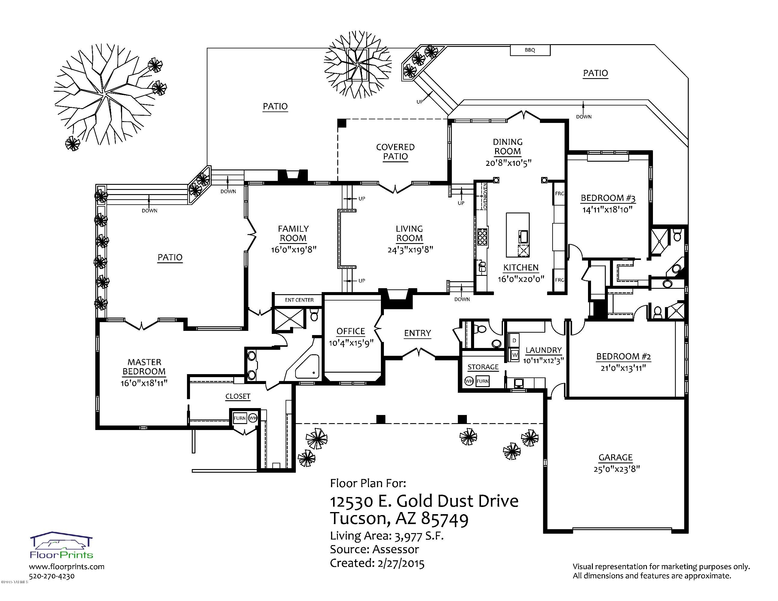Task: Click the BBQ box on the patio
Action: click(530, 50)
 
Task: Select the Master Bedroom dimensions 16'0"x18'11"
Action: click(144, 383)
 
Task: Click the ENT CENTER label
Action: click(299, 300)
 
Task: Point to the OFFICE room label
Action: click(351, 331)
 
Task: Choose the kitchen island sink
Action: click(523, 236)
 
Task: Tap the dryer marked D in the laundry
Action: click(514, 341)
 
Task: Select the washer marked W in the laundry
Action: click(514, 355)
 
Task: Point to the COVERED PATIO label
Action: click(395, 152)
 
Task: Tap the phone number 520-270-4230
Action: click(52, 576)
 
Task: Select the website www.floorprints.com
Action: click(67, 566)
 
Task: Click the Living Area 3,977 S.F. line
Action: click(387, 536)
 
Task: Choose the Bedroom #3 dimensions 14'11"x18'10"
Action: click(607, 209)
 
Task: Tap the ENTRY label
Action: click(418, 333)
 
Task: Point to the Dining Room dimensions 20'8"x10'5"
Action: click(508, 163)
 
